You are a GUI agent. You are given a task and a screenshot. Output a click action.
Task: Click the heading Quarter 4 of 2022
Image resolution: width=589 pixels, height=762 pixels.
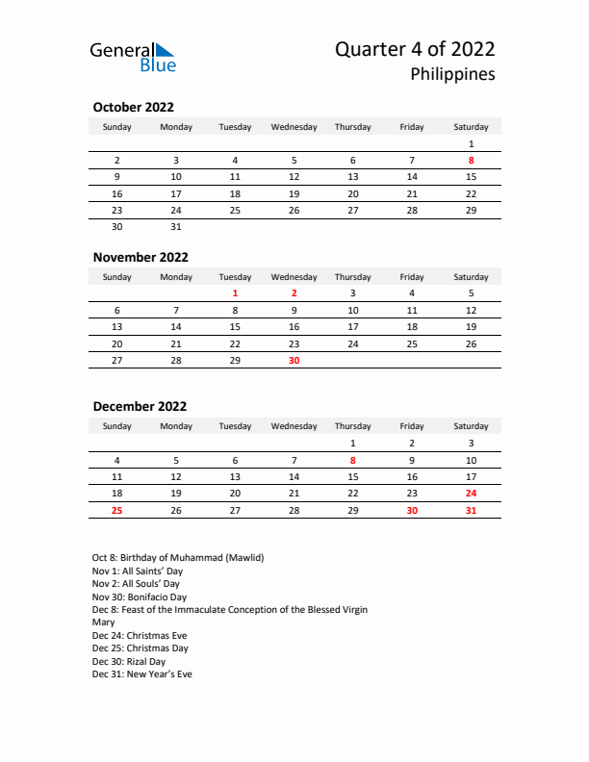(415, 49)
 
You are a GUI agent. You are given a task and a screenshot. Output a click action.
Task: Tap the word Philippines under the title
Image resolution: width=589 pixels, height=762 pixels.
(452, 74)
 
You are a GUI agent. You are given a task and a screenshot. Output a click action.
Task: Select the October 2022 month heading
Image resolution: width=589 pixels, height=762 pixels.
(133, 107)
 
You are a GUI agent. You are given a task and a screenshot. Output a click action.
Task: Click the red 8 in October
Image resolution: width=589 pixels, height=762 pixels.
(471, 160)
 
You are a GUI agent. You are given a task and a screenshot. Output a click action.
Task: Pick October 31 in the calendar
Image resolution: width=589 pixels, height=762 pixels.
(176, 227)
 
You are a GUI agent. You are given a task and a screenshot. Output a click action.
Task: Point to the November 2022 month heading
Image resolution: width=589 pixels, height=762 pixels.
(141, 257)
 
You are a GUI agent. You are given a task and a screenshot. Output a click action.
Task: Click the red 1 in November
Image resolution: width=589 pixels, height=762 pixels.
(235, 292)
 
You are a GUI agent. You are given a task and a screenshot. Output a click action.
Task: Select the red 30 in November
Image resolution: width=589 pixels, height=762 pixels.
(294, 360)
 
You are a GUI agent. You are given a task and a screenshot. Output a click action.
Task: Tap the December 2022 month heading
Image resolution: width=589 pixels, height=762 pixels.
(140, 406)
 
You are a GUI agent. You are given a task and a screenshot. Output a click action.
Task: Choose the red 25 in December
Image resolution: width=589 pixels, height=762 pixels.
(117, 510)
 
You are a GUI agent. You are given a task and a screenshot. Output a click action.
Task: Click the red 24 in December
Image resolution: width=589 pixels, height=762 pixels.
(471, 493)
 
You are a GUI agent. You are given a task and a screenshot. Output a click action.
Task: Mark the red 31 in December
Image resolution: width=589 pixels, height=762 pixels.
(471, 510)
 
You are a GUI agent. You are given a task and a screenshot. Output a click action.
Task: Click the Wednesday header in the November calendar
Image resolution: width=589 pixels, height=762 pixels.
(294, 277)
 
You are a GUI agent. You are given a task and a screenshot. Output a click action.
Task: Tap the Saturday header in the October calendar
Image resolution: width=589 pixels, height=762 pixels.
(471, 127)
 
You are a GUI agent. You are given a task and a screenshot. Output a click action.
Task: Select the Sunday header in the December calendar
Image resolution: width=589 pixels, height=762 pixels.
(117, 426)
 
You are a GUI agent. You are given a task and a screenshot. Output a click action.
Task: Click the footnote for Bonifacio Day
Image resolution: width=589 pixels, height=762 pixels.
(140, 597)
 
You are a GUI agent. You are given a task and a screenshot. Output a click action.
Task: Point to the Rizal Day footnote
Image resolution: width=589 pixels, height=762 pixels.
(129, 661)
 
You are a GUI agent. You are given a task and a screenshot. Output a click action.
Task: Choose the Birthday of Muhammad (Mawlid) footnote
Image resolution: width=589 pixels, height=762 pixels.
(178, 557)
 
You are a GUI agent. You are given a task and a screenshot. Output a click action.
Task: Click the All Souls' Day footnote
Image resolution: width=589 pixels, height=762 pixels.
(136, 583)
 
